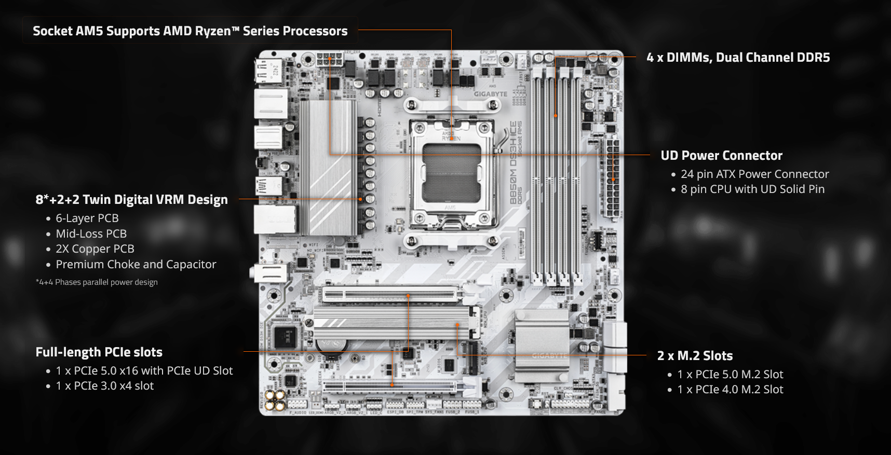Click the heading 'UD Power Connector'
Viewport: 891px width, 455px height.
pyautogui.click(x=721, y=156)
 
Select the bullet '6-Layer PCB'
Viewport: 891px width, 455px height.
pyautogui.click(x=87, y=218)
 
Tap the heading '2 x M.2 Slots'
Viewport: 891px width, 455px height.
pyautogui.click(x=695, y=356)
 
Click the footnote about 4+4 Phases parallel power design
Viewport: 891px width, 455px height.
pyautogui.click(x=97, y=282)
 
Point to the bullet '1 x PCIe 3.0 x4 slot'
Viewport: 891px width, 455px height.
pyautogui.click(x=104, y=386)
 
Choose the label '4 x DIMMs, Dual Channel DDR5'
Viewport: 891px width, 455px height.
pyautogui.click(x=738, y=58)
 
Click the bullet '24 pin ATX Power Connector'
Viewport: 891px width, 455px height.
pyautogui.click(x=754, y=174)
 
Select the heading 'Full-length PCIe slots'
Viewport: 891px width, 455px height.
pyautogui.click(x=99, y=352)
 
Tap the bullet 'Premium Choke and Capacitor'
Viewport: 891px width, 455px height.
pyautogui.click(x=136, y=265)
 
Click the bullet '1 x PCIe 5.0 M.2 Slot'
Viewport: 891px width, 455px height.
pyautogui.click(x=730, y=375)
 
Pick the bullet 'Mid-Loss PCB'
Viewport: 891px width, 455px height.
pyautogui.click(x=91, y=234)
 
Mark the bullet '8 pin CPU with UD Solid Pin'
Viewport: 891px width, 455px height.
pyautogui.click(x=752, y=189)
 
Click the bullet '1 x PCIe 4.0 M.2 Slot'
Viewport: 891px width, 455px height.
pyautogui.click(x=730, y=390)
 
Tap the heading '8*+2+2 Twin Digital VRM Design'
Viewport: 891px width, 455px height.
pyautogui.click(x=131, y=200)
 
